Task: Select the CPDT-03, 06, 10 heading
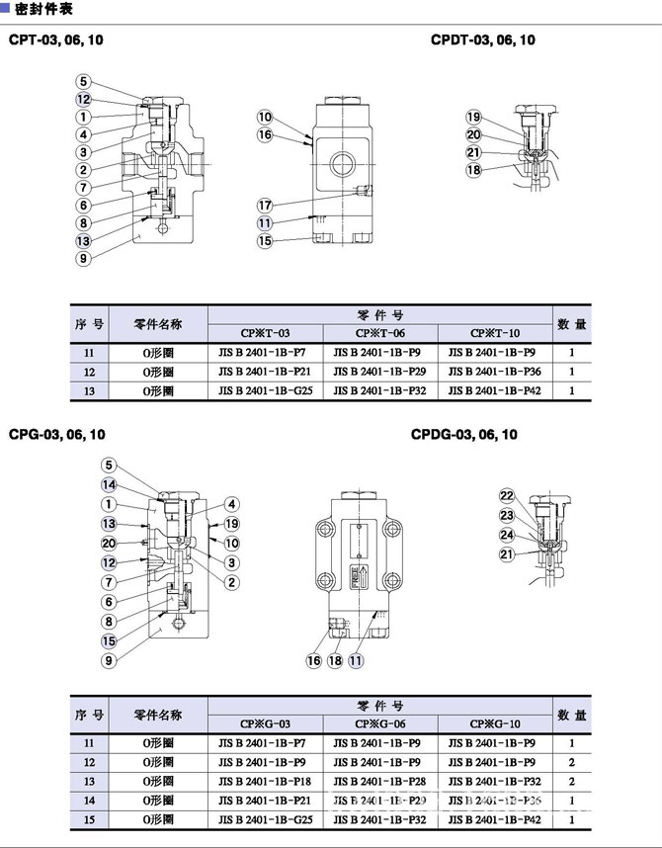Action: [483, 41]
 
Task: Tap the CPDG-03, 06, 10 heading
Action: [463, 434]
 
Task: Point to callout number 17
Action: [265, 205]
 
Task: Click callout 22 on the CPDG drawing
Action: [507, 496]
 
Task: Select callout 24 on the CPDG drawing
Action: [507, 535]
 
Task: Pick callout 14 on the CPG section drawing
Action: [109, 484]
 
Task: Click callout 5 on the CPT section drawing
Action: [84, 82]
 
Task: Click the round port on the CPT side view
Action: [347, 157]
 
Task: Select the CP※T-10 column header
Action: [494, 332]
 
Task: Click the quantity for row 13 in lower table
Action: [571, 781]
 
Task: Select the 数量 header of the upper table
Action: [571, 323]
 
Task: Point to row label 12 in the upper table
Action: [89, 372]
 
